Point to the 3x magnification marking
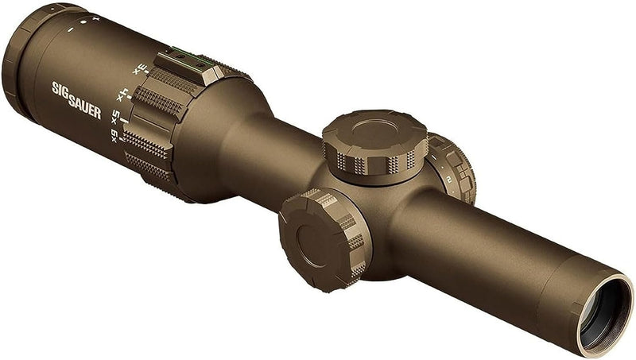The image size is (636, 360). coord(140,68)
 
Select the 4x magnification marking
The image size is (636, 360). coord(123,92)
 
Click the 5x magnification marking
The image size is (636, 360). coord(116,116)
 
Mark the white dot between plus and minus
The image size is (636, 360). coord(83,24)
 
